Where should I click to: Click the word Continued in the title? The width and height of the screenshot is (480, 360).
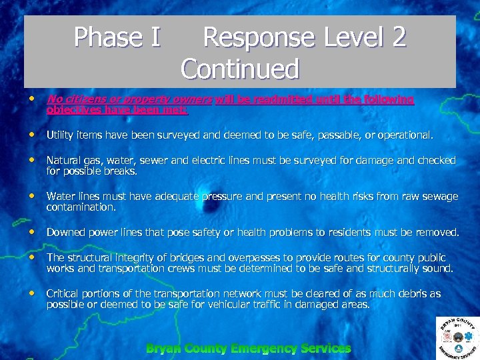[x=240, y=69]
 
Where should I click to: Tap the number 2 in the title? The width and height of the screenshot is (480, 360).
[x=399, y=37]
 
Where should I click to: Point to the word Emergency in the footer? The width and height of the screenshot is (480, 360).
[x=264, y=349]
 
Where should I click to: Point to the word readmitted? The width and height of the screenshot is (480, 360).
[x=262, y=99]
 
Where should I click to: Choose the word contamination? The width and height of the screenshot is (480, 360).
[x=81, y=207]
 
